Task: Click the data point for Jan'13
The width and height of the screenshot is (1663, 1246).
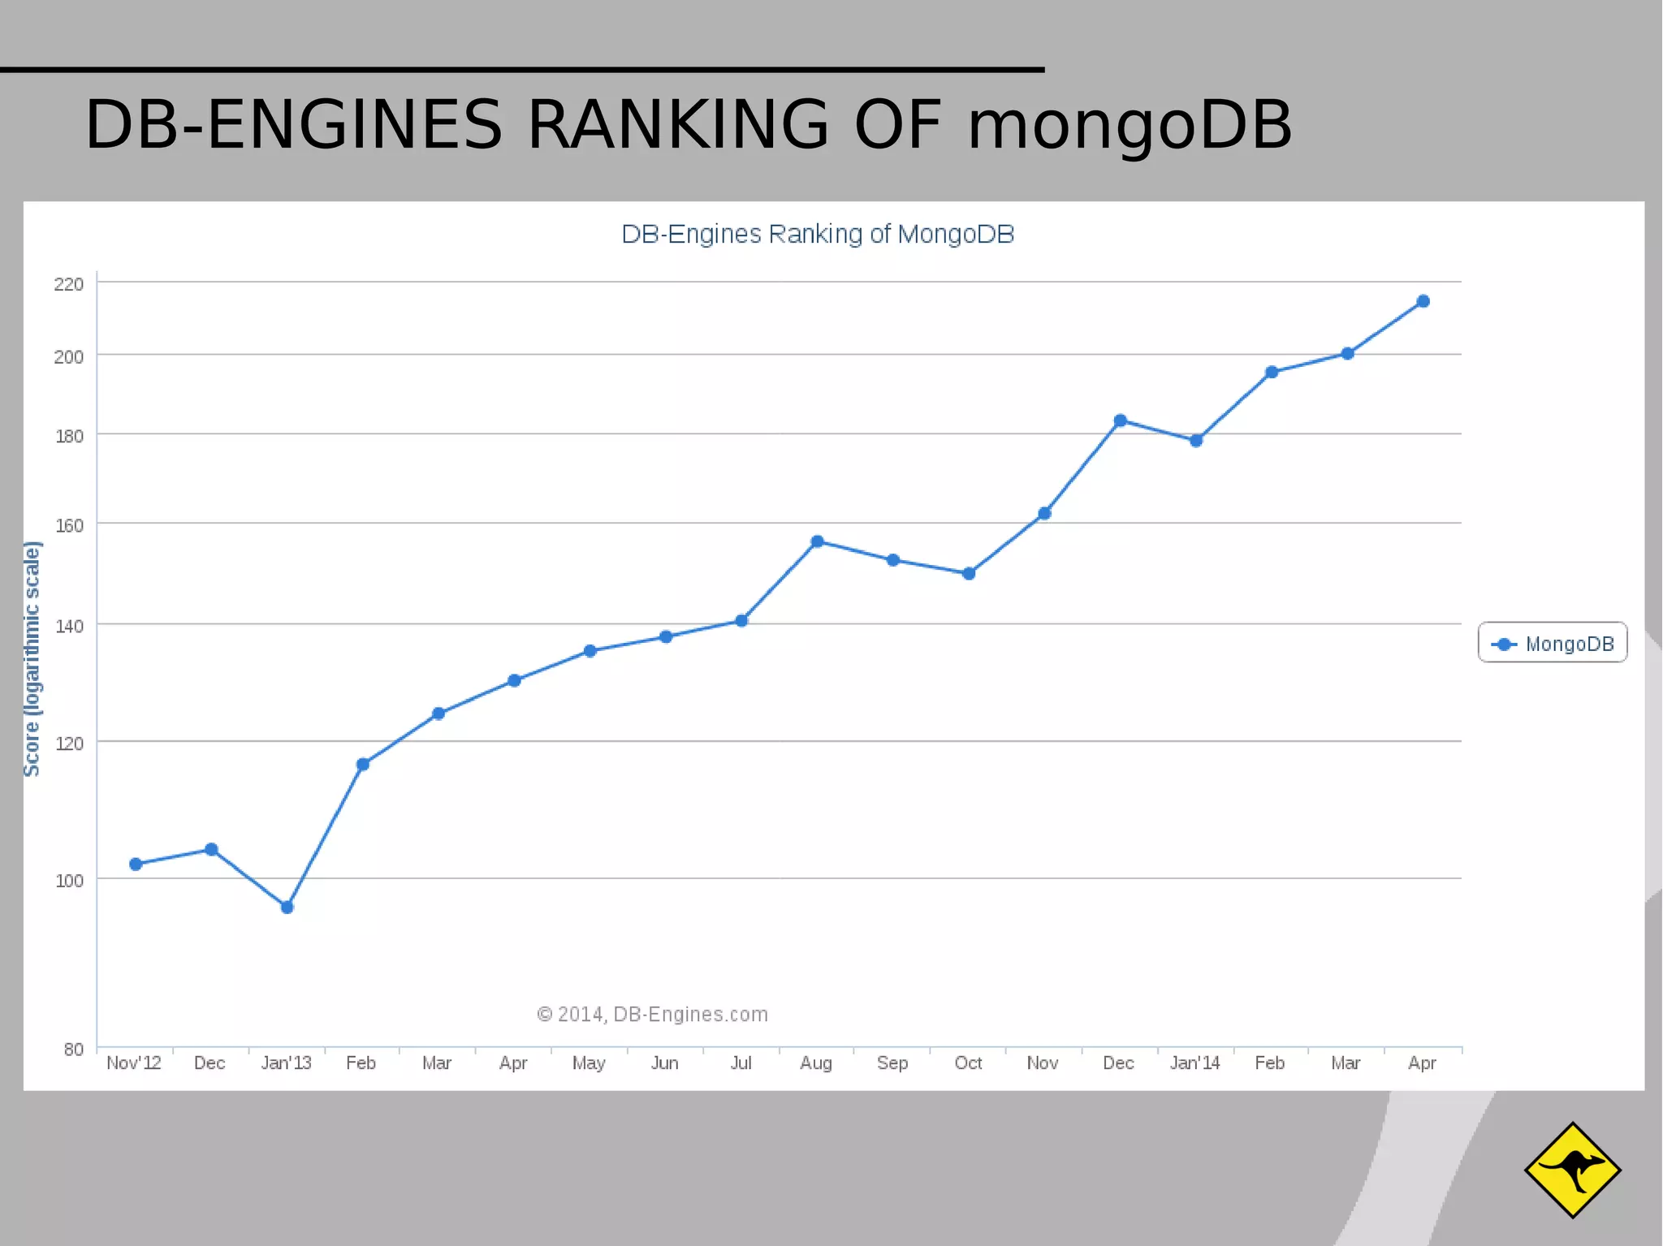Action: [287, 908]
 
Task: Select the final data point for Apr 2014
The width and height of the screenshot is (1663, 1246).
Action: [1423, 301]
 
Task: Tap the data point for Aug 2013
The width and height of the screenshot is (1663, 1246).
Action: [817, 541]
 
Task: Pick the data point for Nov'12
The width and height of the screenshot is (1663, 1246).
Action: [136, 864]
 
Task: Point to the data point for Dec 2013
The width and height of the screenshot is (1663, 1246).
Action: [1120, 420]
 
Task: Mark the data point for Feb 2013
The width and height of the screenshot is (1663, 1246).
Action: [363, 764]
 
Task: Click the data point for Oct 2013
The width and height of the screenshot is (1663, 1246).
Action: [968, 573]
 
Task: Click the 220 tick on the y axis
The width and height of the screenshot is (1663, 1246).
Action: [69, 284]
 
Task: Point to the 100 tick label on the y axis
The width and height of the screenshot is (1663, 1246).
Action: [69, 881]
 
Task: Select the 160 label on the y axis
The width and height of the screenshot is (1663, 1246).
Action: [69, 526]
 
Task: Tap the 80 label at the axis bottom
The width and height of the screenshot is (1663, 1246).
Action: [73, 1050]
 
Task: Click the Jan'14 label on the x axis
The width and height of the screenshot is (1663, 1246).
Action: [1194, 1063]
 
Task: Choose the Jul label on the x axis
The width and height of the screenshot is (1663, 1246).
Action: [741, 1063]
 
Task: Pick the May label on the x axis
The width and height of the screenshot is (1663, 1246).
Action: [589, 1063]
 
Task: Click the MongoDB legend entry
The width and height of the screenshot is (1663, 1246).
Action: [1553, 644]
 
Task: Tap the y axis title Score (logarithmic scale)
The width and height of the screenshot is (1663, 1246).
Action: [32, 659]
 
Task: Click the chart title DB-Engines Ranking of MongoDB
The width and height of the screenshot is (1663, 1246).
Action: [818, 235]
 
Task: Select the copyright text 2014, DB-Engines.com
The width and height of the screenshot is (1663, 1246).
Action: [653, 1015]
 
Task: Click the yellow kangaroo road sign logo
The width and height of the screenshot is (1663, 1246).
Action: [1572, 1170]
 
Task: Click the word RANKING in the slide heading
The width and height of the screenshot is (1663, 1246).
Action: [678, 125]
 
